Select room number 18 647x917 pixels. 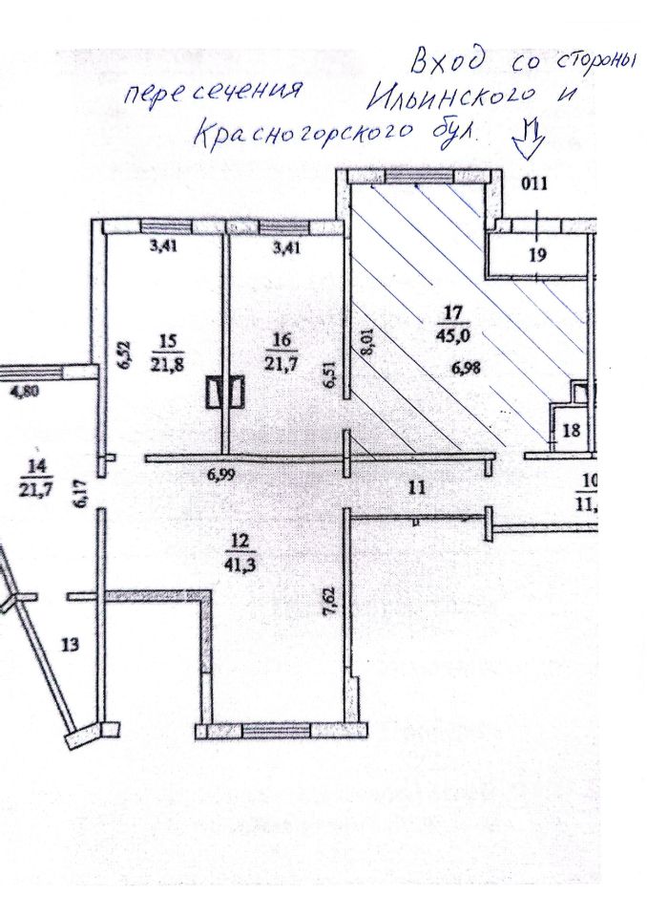click(x=570, y=431)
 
